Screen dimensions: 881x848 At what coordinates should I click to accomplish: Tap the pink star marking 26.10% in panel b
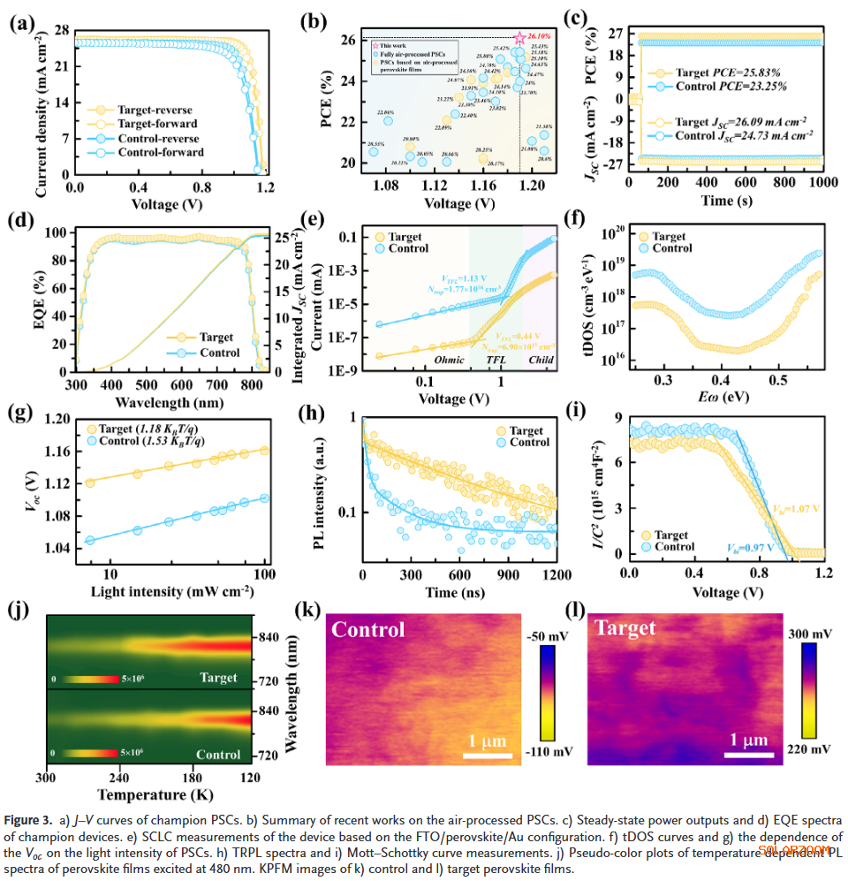[520, 38]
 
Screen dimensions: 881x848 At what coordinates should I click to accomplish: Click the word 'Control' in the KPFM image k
[368, 630]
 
